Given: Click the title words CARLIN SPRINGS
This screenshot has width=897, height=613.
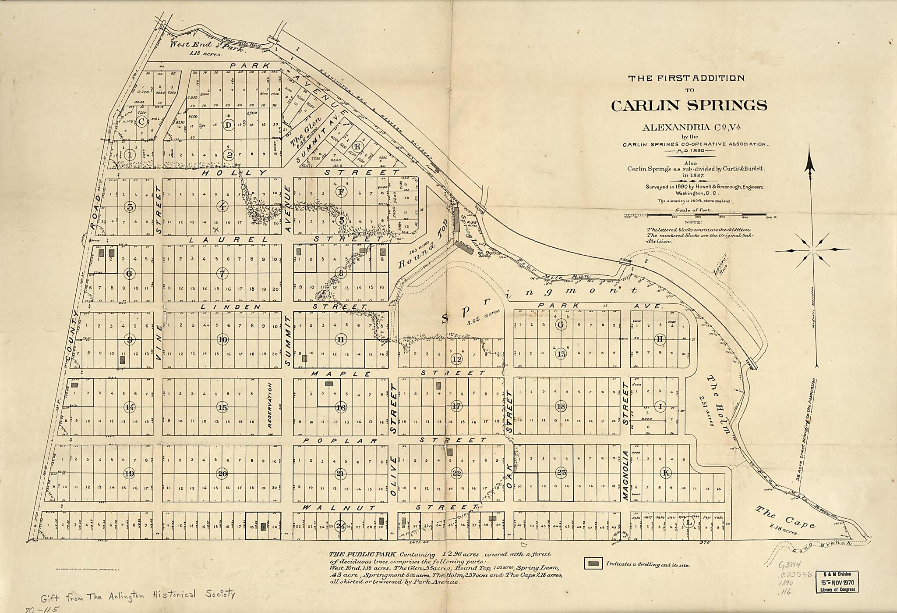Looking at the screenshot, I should pyautogui.click(x=689, y=106).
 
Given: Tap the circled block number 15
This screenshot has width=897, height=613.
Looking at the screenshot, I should pyautogui.click(x=222, y=407).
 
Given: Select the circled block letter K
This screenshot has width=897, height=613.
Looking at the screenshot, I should pyautogui.click(x=666, y=473).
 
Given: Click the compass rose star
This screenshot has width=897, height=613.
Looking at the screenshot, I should pyautogui.click(x=812, y=250).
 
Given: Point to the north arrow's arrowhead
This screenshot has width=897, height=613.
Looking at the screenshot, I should pyautogui.click(x=810, y=164).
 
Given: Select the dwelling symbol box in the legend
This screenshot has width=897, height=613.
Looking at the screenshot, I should pyautogui.click(x=594, y=564).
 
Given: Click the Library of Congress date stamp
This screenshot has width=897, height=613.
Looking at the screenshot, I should pyautogui.click(x=837, y=582).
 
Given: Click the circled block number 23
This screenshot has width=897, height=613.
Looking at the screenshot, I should pyautogui.click(x=562, y=473).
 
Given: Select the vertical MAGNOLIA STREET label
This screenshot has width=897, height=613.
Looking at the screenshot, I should pyautogui.click(x=625, y=476).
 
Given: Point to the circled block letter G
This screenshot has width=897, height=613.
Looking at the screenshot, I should pyautogui.click(x=561, y=324).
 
